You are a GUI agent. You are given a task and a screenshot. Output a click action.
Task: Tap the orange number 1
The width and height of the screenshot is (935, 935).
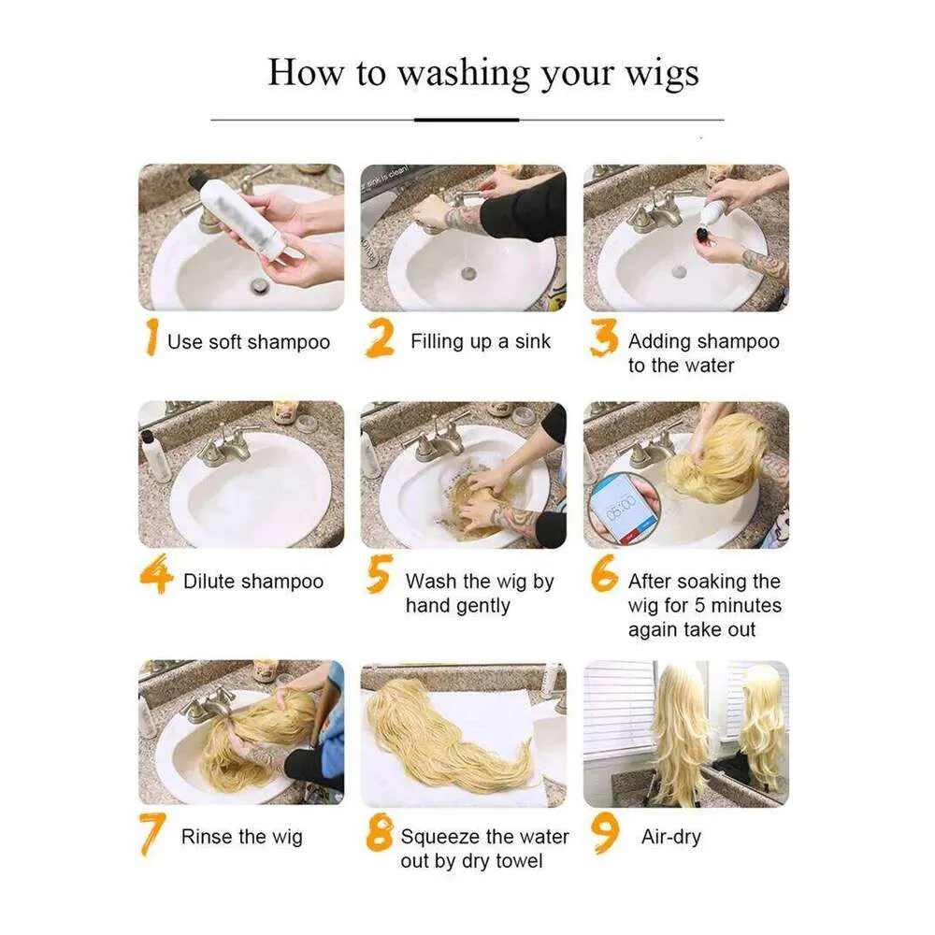(152, 337)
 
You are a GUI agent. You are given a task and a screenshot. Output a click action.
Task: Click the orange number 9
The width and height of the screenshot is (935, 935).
(605, 834)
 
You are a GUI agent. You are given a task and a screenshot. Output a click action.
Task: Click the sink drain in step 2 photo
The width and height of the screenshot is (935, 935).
(468, 273)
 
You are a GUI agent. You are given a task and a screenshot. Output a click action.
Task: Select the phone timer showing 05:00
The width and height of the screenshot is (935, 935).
(623, 508)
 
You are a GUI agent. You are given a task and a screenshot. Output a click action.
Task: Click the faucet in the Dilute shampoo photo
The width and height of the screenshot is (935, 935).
(227, 445)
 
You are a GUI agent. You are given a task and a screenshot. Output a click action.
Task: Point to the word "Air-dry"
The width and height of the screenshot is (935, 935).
(670, 837)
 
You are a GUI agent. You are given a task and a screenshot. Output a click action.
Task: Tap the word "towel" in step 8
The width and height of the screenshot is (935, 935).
(514, 860)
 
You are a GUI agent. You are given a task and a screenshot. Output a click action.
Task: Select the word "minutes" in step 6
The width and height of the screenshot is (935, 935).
(746, 605)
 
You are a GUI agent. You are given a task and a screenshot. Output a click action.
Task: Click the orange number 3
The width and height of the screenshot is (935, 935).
(603, 338)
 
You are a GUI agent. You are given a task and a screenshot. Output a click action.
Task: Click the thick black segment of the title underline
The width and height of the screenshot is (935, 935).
(467, 120)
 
